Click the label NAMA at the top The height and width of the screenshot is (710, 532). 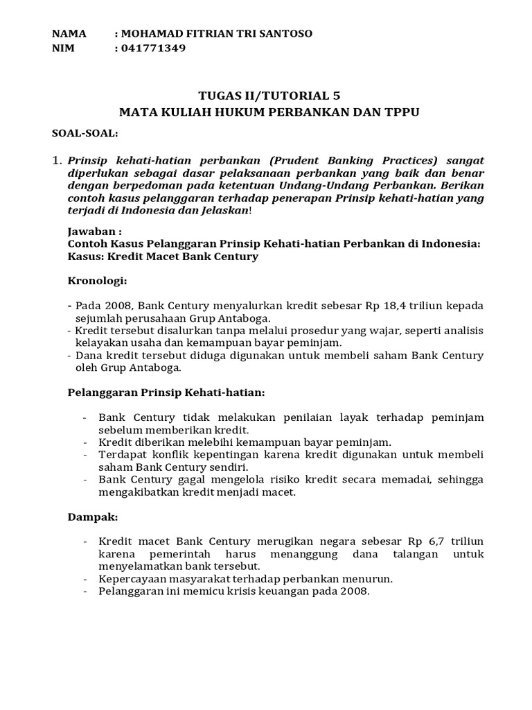[x=69, y=33]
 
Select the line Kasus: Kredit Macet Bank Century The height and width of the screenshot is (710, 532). [x=163, y=257]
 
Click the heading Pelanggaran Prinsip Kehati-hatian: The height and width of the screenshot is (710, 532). [x=166, y=392]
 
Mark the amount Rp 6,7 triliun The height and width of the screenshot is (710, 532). [x=445, y=541]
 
